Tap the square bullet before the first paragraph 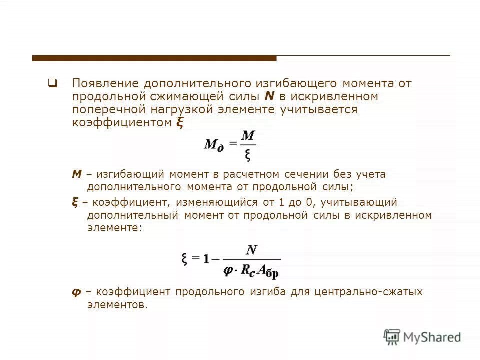51,83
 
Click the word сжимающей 186,96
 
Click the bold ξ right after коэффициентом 180,123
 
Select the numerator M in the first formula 248,135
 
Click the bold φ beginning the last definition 76,292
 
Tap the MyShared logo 422,336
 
